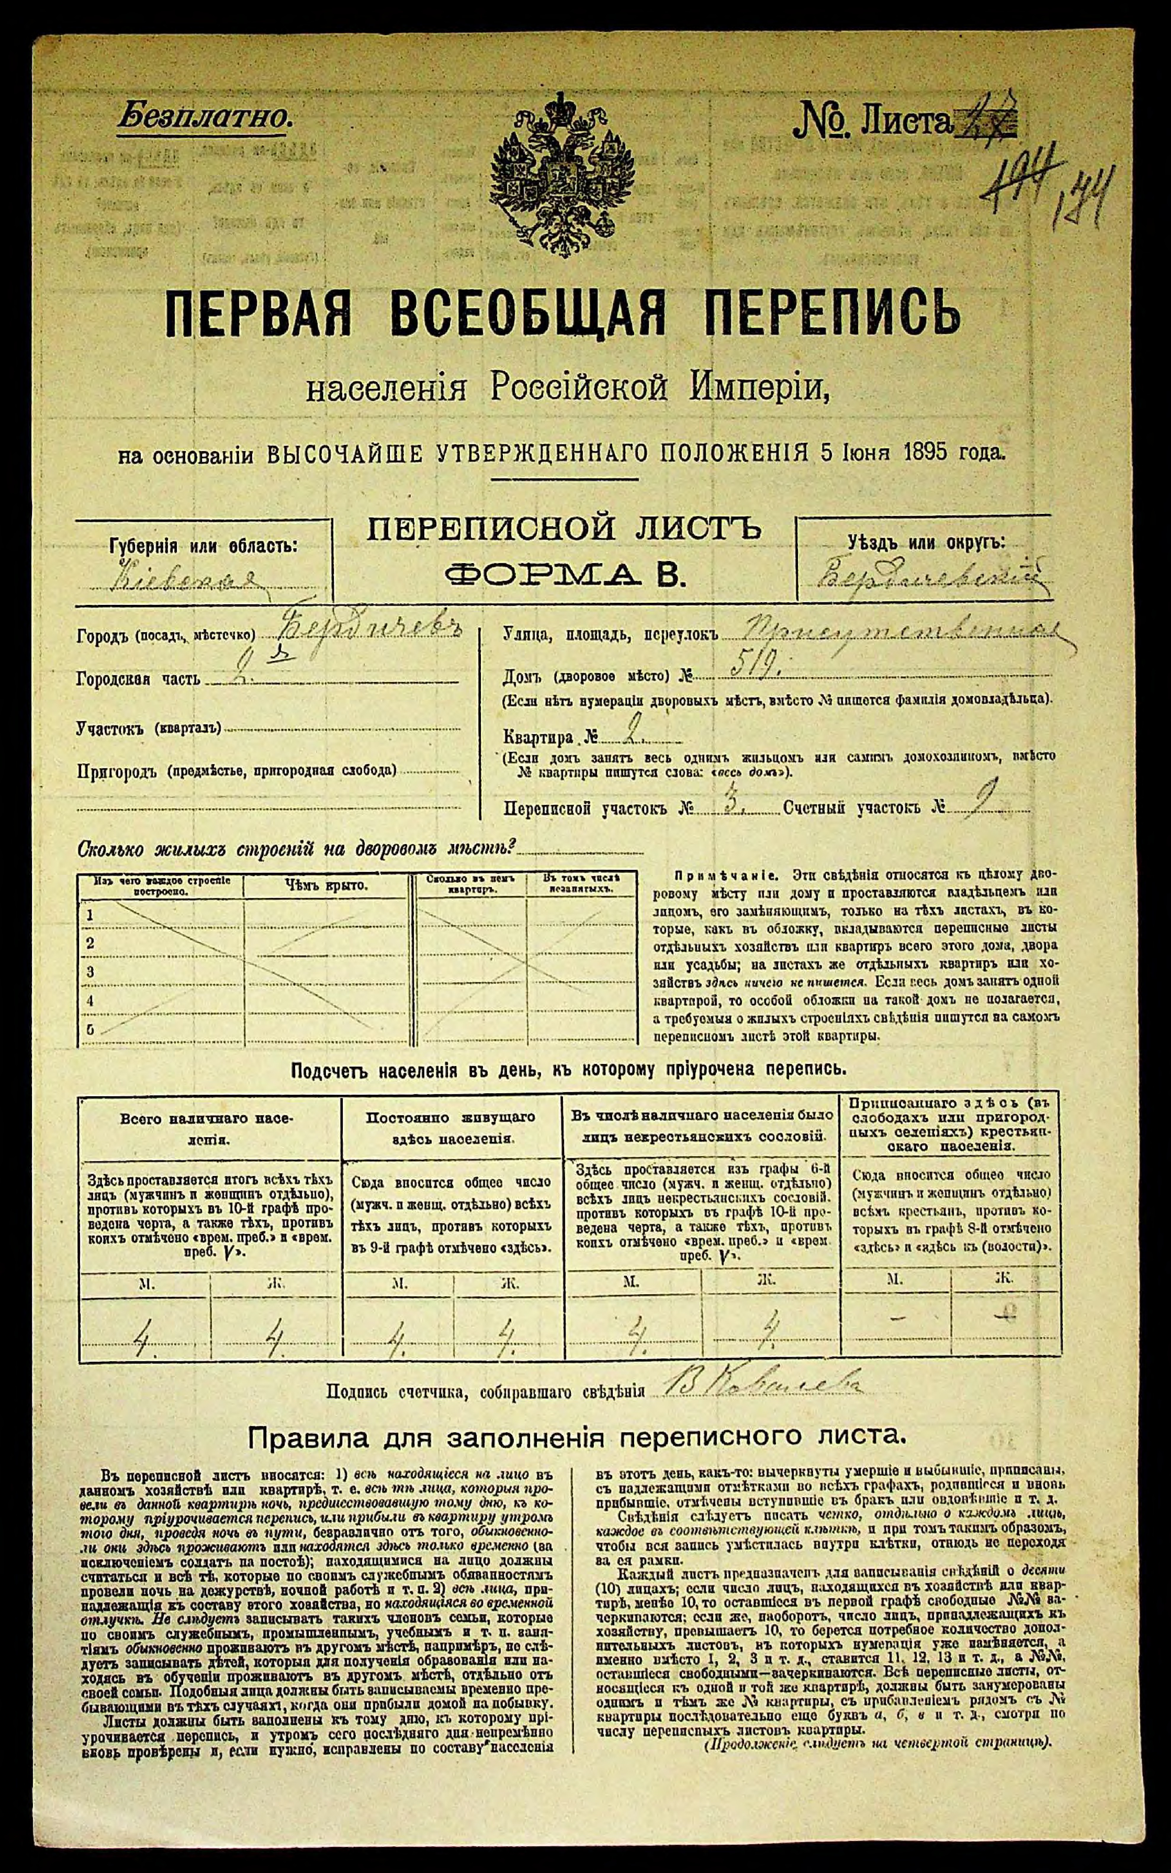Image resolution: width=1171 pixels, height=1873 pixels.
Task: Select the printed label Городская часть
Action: pos(138,679)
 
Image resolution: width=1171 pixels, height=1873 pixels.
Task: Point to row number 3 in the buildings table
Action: pos(91,971)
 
